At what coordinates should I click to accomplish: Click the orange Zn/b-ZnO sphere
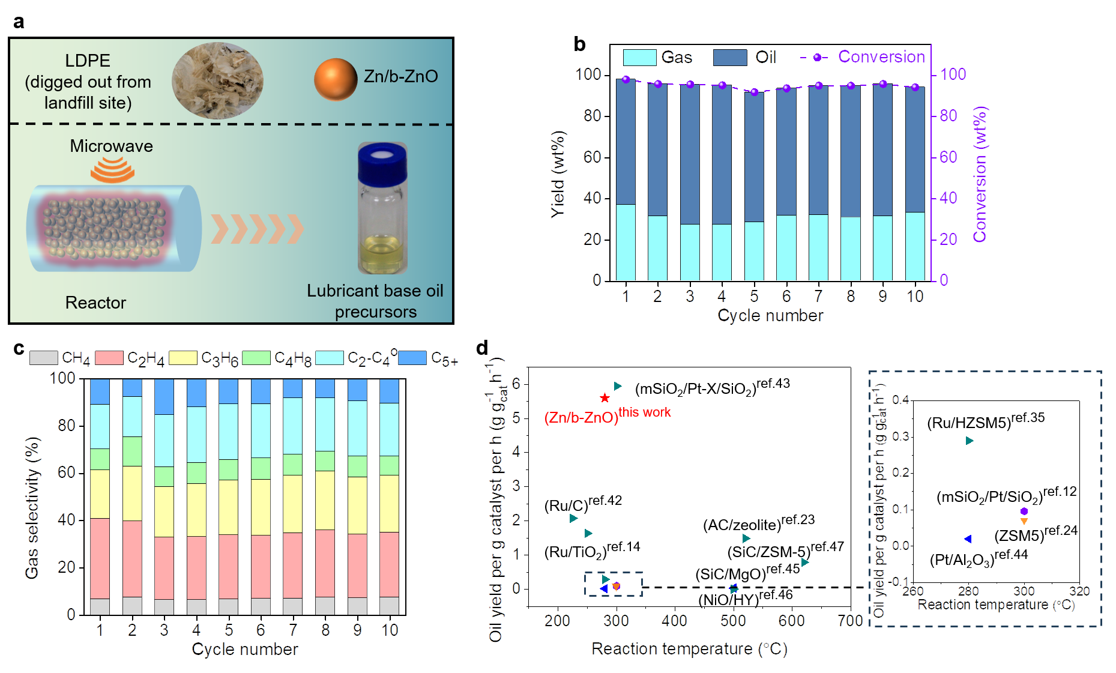coord(335,79)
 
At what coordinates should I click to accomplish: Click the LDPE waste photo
coord(217,80)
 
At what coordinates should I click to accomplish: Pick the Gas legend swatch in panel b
coord(639,58)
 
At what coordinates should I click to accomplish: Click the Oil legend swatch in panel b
coord(730,58)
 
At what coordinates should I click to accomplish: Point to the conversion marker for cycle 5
coord(755,92)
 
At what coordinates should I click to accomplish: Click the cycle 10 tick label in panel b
coord(915,297)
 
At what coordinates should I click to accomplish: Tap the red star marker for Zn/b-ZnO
coord(605,398)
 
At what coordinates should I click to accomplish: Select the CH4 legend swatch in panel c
coord(44,358)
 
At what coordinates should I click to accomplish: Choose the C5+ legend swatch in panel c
coord(412,358)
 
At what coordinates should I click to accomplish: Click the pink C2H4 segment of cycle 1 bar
coord(100,558)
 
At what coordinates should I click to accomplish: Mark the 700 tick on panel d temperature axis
coord(850,621)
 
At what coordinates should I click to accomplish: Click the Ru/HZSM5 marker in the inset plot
coord(969,441)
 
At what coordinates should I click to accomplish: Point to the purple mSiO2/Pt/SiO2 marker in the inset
coord(1024,512)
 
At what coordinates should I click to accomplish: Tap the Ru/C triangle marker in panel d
coord(573,518)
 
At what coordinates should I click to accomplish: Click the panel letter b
coord(579,44)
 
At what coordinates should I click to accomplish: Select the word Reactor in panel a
coord(95,303)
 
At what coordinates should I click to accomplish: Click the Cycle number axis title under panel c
coord(245,649)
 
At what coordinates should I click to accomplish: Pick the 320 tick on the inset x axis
coord(1079,591)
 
